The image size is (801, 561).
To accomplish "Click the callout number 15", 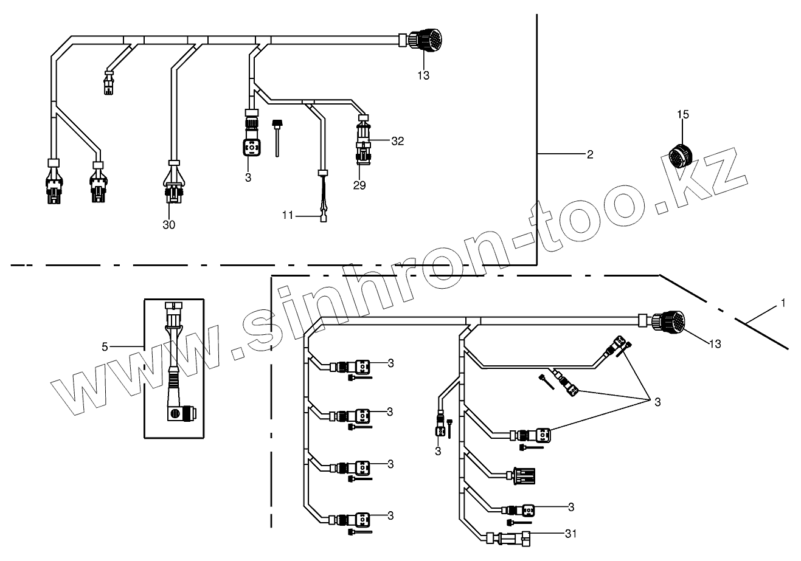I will pyautogui.click(x=682, y=114).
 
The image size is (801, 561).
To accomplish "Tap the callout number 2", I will pyautogui.click(x=589, y=154).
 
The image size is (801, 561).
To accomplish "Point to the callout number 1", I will pyautogui.click(x=783, y=302).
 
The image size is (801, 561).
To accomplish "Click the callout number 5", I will pyautogui.click(x=105, y=346).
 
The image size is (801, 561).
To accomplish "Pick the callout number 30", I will pyautogui.click(x=168, y=225).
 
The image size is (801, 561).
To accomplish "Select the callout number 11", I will pyautogui.click(x=288, y=215).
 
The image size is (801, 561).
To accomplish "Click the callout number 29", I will pyautogui.click(x=359, y=185).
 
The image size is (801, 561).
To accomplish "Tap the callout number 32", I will pyautogui.click(x=397, y=141).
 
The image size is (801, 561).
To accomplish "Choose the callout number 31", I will pyautogui.click(x=569, y=534).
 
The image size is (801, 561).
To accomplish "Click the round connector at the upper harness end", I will pyautogui.click(x=424, y=41).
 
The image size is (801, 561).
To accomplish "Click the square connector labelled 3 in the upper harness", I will pyautogui.click(x=249, y=148).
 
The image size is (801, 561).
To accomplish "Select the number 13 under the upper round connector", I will pyautogui.click(x=423, y=75).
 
